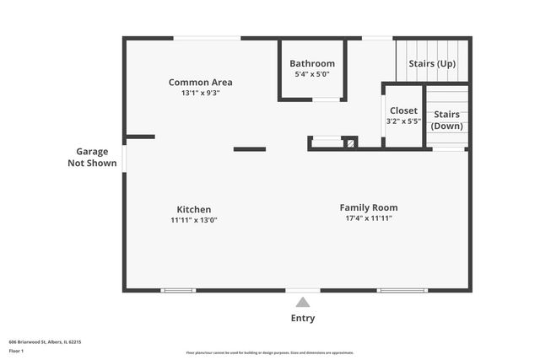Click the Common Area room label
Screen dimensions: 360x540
[200, 82]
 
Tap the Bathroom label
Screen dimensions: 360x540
[312, 63]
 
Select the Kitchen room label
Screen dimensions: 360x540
[194, 209]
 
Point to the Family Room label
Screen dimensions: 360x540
[369, 207]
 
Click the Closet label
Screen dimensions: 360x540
[403, 110]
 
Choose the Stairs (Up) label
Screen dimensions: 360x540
[432, 63]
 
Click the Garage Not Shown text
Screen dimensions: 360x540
[92, 157]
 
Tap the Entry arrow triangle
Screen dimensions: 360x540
[303, 303]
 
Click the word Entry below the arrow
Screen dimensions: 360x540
[303, 318]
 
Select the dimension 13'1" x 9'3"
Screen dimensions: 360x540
[200, 93]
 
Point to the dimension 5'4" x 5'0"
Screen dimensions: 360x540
[312, 74]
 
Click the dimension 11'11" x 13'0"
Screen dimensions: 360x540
[194, 220]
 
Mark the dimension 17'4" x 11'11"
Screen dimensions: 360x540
[369, 218]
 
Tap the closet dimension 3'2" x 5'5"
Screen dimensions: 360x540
[403, 121]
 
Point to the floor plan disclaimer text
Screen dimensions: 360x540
[270, 352]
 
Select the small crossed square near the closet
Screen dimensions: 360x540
[349, 142]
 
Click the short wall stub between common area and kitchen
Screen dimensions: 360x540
[249, 149]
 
